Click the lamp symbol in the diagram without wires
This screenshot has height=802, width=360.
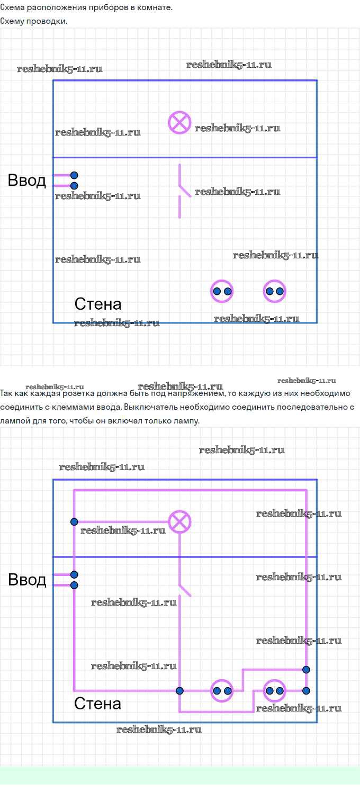pos(179,123)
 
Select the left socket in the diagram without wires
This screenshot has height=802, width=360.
pos(222,291)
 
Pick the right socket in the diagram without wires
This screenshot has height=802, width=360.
pos(274,291)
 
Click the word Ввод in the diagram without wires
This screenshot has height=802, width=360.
pos(27,180)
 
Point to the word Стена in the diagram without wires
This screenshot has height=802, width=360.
pos(98,304)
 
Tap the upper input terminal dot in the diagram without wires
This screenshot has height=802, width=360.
pos(74,175)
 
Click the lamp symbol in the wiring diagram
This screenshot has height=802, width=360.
pos(179,522)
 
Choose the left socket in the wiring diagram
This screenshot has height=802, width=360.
pos(222,691)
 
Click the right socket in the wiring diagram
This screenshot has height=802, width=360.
pos(274,691)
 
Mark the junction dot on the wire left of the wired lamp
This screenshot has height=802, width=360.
pos(74,522)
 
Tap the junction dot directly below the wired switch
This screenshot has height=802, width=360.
pos(180,691)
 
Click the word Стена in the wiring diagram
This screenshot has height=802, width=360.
pos(97,704)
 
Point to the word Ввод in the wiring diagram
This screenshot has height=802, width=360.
pos(27,580)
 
